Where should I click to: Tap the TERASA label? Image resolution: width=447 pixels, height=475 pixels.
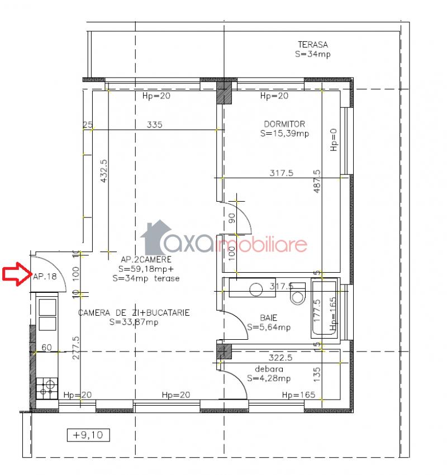tap(313, 45)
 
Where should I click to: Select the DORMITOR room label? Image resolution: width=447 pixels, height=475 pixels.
tap(284, 124)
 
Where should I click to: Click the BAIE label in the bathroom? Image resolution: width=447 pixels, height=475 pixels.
tap(269, 318)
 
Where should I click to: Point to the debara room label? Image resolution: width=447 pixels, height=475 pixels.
tap(269, 369)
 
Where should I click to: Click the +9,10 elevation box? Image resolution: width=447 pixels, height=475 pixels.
tap(88, 435)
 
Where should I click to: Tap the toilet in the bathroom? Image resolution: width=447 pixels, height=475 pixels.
tap(298, 293)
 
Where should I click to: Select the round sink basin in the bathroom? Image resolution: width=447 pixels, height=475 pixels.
tap(256, 289)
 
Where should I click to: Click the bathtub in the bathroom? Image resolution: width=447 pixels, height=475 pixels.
tap(324, 308)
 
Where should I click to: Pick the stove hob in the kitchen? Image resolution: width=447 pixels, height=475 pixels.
tap(47, 388)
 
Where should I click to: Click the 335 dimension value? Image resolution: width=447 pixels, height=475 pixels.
tap(154, 125)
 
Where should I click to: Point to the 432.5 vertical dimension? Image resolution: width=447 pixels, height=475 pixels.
tap(103, 171)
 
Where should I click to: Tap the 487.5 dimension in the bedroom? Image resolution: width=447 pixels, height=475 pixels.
tap(317, 181)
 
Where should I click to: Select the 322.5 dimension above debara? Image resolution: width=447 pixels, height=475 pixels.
tap(280, 358)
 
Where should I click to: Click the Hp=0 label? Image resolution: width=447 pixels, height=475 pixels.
tap(334, 140)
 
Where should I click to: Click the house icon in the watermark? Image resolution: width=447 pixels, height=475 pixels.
tap(155, 237)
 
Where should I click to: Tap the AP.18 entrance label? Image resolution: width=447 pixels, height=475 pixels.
tap(45, 276)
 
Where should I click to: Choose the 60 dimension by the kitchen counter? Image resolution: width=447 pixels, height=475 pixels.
tap(46, 347)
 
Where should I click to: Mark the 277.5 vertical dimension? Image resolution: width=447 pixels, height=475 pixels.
tap(76, 348)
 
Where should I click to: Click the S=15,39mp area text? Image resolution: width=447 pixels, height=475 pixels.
tap(284, 134)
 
